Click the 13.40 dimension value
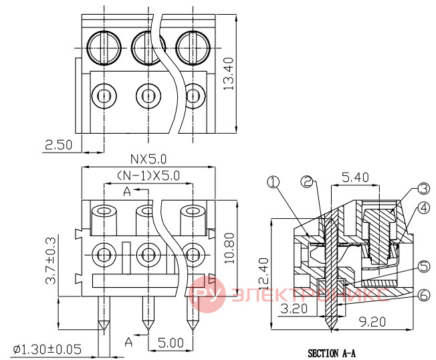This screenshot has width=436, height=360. tap(229, 74)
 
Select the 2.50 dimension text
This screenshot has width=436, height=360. tap(58, 145)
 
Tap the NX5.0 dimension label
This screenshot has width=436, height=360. tap(148, 159)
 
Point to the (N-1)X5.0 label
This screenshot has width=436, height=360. tap(148, 175)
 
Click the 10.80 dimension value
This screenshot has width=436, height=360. tap(229, 248)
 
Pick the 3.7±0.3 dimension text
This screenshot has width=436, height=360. tap(51, 260)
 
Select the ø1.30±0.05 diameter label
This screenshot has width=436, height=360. tap(47, 349)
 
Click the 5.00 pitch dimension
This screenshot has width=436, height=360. tap(171, 343)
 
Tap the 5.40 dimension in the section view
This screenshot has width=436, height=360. tap(355, 177)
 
